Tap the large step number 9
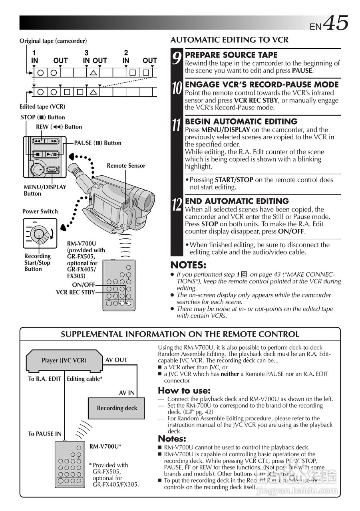click(177, 59)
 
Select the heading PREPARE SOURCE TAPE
click(231, 55)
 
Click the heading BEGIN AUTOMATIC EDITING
click(241, 121)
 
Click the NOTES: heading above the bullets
click(188, 265)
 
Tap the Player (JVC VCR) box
click(64, 360)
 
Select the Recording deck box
click(117, 408)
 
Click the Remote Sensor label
click(126, 166)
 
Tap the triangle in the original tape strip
click(93, 73)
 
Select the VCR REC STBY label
click(76, 292)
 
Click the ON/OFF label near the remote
click(84, 285)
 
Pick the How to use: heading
click(184, 390)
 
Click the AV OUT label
click(116, 360)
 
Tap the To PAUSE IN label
click(45, 434)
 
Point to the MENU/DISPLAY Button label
click(45, 190)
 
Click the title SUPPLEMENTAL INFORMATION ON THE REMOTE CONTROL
click(180, 334)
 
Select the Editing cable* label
click(85, 379)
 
